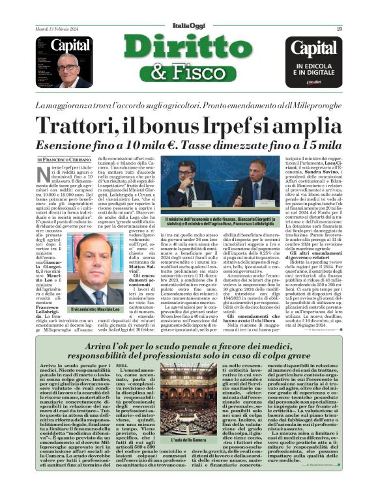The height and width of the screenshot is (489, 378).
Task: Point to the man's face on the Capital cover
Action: point(66,66)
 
